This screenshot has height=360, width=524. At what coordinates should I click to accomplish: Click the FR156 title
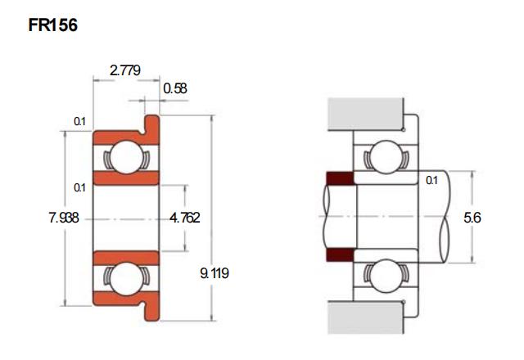click(x=52, y=25)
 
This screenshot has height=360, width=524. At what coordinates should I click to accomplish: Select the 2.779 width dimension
click(x=125, y=70)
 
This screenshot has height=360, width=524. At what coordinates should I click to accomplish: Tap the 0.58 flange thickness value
click(x=175, y=88)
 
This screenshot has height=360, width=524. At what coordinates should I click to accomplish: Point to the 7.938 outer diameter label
click(x=64, y=218)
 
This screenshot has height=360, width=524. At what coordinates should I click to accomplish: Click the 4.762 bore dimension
click(x=185, y=218)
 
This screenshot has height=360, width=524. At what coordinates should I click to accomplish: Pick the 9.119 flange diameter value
click(x=215, y=273)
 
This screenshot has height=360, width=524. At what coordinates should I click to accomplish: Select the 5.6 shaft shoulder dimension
click(x=472, y=218)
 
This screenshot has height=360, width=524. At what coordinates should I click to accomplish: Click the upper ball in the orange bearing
click(x=126, y=157)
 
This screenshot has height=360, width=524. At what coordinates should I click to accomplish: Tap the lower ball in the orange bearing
click(x=126, y=279)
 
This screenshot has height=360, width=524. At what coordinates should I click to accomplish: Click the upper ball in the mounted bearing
click(x=386, y=156)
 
